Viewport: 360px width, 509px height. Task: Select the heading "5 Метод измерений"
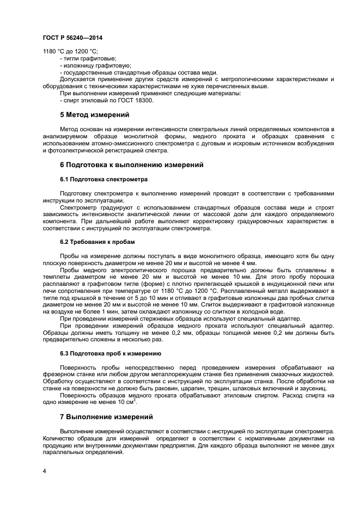coord(94,115)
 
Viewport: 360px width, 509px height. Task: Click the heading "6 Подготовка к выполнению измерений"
coord(131,164)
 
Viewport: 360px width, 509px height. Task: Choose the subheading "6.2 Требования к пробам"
coord(97,242)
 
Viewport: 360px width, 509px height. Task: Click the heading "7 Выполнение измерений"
coord(106,417)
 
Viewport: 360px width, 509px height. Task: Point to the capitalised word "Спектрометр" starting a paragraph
coord(77,207)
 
